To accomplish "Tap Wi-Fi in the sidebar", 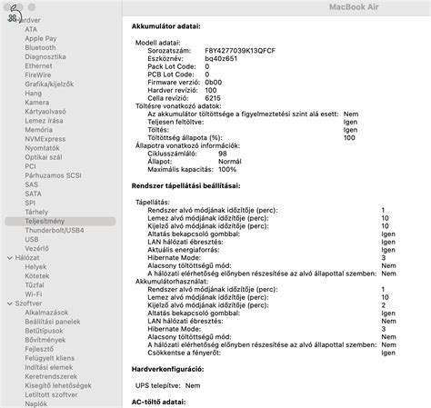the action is tap(34, 294).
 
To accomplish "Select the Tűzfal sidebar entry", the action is tap(35, 285).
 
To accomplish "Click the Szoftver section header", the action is tap(28, 304).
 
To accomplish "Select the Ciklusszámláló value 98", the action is tap(222, 154).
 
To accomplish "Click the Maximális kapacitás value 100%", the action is tap(226, 169).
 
